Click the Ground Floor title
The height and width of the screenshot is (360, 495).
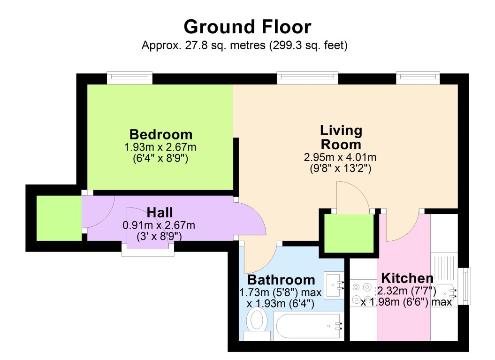click(x=247, y=27)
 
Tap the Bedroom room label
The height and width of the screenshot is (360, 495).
click(x=161, y=135)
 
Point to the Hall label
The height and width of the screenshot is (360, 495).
click(x=161, y=213)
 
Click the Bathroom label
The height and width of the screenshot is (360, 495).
click(x=281, y=280)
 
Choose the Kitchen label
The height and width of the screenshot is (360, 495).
click(x=407, y=277)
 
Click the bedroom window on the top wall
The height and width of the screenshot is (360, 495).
click(x=129, y=77)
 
